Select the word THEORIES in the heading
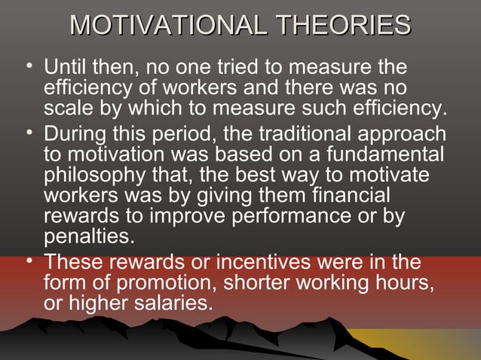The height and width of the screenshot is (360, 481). tap(345, 26)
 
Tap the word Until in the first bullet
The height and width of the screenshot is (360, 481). tap(67, 68)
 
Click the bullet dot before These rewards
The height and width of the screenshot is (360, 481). tap(29, 261)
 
